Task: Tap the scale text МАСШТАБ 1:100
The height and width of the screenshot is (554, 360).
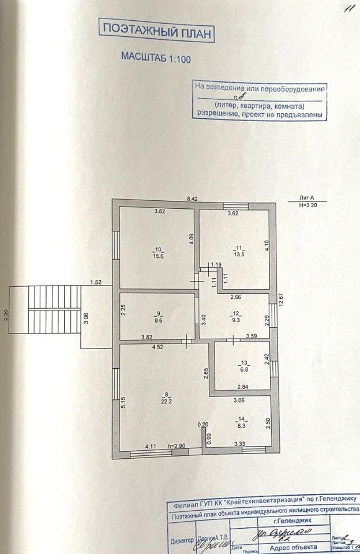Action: pyautogui.click(x=155, y=57)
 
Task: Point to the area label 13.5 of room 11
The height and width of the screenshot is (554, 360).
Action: pyautogui.click(x=239, y=253)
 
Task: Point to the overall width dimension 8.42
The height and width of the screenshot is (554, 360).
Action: pyautogui.click(x=192, y=199)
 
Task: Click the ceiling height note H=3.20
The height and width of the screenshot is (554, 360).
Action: pyautogui.click(x=309, y=205)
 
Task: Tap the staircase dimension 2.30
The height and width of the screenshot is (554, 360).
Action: pyautogui.click(x=5, y=316)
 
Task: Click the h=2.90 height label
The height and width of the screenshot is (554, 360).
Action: pyautogui.click(x=177, y=446)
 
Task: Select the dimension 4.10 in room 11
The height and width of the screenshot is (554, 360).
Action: pyautogui.click(x=267, y=247)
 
